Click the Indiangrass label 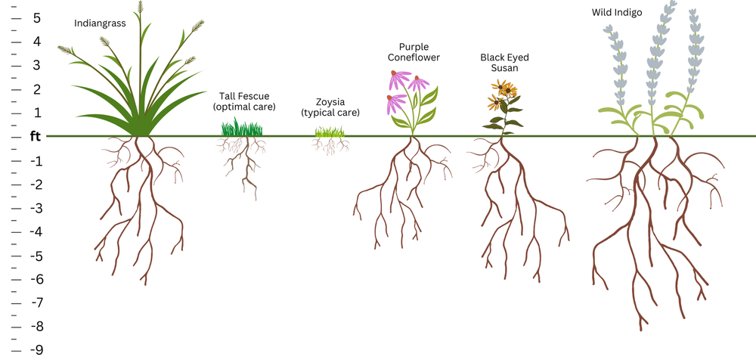pos(100,23)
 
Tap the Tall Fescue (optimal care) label pos(243,101)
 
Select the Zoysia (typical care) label pos(330,107)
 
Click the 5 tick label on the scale pos(36,17)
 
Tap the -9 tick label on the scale pos(35,349)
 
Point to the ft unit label pos(35,137)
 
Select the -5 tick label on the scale pos(35,256)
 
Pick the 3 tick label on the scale pos(36,65)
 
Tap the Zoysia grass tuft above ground pos(330,132)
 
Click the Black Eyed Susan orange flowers pos(502,96)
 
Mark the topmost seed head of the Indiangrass pos(140,9)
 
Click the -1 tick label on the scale pos(35,161)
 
